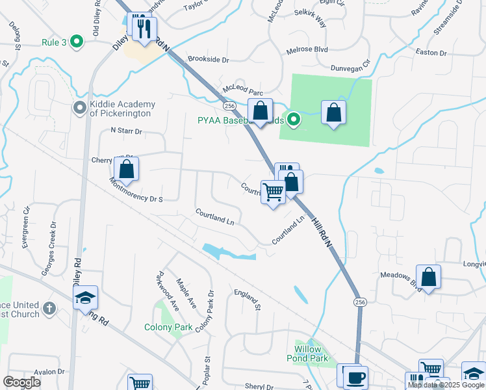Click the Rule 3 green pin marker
pos(77,42)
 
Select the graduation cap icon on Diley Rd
pos(85,298)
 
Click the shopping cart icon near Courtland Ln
pos(273,191)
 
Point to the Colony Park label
pos(168,327)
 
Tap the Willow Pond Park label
pos(307,353)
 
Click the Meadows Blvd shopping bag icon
pos(429,277)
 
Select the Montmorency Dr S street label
pos(138,191)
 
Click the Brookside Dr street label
pos(209,59)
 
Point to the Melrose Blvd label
pos(309,49)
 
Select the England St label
pos(248,300)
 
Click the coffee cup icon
pos(355,377)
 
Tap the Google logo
pos(22,382)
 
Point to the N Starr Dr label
pos(126,131)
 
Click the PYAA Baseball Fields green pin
pos(294,119)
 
